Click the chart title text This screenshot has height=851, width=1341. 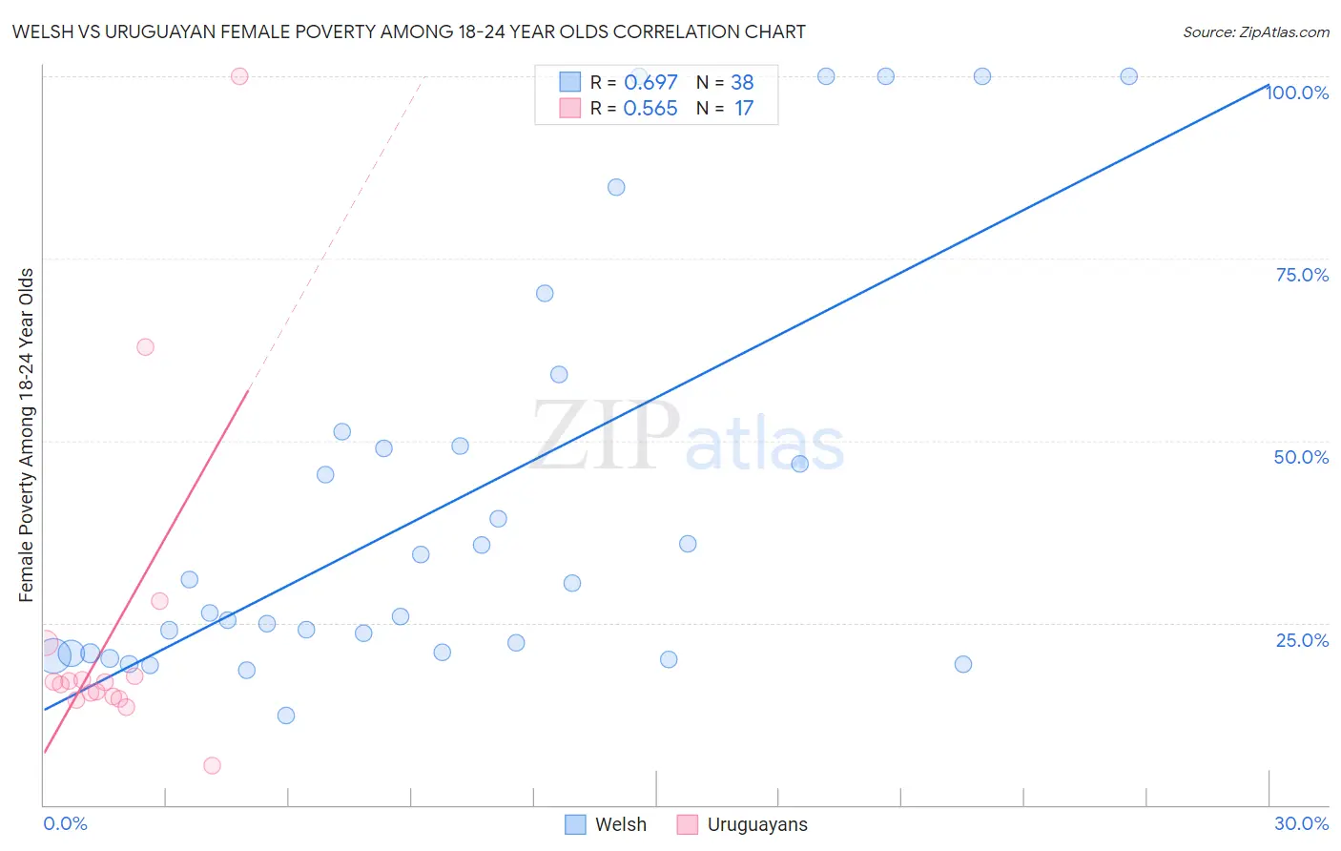pos(408,32)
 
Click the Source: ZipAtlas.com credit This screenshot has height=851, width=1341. pos(1255,32)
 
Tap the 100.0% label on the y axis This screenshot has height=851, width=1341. pos(1297,93)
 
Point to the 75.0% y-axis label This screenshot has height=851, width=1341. pos(1302,275)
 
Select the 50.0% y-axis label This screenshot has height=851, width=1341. pos(1301,457)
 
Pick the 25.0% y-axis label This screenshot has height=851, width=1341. pos(1302,640)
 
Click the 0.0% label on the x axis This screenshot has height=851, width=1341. pos(65,823)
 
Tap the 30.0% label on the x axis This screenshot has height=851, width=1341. pos(1301,823)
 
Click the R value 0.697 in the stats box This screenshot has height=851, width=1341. pos(650,83)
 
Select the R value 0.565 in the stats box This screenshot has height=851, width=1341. pos(650,109)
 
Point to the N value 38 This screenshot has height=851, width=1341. pos(742,83)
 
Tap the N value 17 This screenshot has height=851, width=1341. pos(744,109)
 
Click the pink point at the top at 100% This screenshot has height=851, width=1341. pos(239,76)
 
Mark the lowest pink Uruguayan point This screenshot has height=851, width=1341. pos(212,765)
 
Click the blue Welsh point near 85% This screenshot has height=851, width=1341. pos(616,187)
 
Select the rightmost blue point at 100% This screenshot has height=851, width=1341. pos(1128,76)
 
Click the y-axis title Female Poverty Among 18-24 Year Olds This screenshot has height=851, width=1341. pos(27,435)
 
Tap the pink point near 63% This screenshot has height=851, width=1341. pos(145,346)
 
